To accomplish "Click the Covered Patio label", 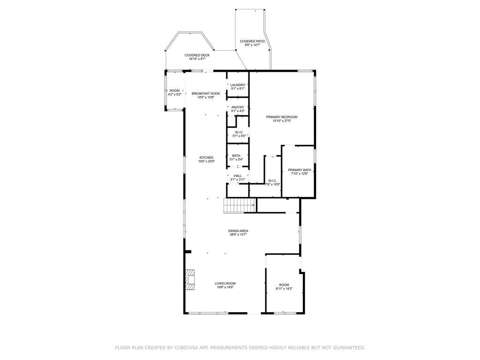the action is tap(252, 41).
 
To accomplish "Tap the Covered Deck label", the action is tap(197, 55).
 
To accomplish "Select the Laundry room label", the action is tap(238, 85).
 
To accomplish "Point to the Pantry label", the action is tap(238, 107).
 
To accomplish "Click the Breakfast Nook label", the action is tap(206, 94).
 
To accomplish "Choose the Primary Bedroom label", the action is tap(282, 117).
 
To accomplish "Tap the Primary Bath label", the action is tap(300, 170).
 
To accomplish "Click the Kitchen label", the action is tap(206, 157).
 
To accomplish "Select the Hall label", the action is tap(238, 176).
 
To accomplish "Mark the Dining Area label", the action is tap(238, 231).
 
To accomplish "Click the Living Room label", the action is tap(225, 284).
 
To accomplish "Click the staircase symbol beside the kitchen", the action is tap(240, 205).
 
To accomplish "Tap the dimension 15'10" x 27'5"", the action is tap(282, 121).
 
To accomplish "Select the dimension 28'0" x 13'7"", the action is tap(238, 235).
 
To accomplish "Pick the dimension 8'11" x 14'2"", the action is tap(284, 289).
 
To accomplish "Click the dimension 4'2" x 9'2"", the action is tap(175, 95).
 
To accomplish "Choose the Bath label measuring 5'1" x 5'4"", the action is tap(236, 156).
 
